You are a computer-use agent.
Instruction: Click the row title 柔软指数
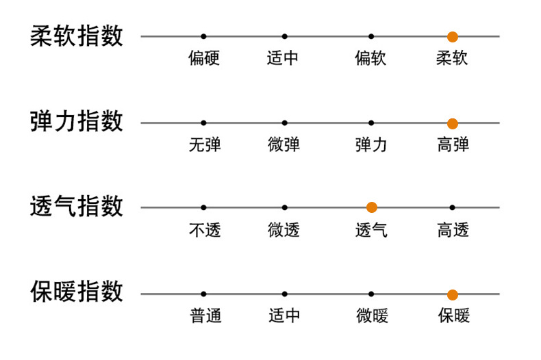[x=77, y=36]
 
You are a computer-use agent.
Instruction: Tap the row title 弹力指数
[x=77, y=122]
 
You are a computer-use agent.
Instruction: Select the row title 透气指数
[x=77, y=206]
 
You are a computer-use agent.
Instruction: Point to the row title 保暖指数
[x=77, y=292]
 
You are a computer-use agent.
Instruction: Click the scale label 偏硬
[x=204, y=58]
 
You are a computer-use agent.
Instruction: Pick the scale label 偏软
[x=370, y=58]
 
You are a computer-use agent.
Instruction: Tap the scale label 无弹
[x=204, y=144]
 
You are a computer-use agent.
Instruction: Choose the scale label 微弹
[x=284, y=144]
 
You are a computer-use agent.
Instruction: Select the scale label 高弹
[x=453, y=144]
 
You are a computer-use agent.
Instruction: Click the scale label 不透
[x=204, y=230]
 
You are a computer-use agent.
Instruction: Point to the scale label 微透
[x=284, y=230]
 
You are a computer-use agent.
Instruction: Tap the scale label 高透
[x=453, y=230]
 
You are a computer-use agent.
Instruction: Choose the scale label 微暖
[x=372, y=316]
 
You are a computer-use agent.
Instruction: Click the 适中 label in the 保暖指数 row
[x=284, y=316]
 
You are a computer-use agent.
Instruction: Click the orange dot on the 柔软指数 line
[x=452, y=36]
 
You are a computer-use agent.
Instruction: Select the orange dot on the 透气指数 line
[x=372, y=207]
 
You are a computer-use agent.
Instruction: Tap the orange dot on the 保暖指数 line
[x=452, y=294]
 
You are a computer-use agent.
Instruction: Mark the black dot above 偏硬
[x=203, y=36]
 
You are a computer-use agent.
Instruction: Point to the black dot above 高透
[x=452, y=207]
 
